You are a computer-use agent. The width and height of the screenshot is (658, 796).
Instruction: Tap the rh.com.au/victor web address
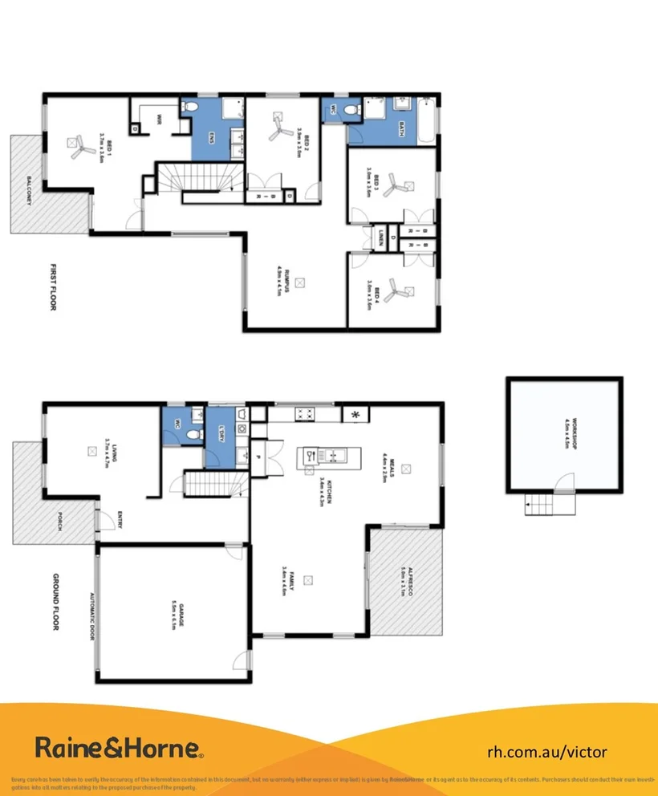coord(547,752)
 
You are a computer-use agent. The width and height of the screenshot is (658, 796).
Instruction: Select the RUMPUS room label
coord(278,281)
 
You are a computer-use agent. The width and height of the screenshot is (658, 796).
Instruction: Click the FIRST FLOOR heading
coord(54,286)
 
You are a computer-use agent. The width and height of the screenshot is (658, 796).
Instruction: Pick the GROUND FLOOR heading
coord(56,601)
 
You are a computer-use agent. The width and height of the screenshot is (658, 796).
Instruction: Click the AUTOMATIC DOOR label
coord(91,615)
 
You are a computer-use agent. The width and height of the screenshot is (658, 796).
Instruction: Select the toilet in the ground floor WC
coord(190,434)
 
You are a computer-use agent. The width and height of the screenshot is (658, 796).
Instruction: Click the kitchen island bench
coord(319,458)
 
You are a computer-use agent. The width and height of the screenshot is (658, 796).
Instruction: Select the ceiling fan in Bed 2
coord(282,124)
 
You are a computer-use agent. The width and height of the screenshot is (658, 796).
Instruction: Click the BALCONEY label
coord(29,191)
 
